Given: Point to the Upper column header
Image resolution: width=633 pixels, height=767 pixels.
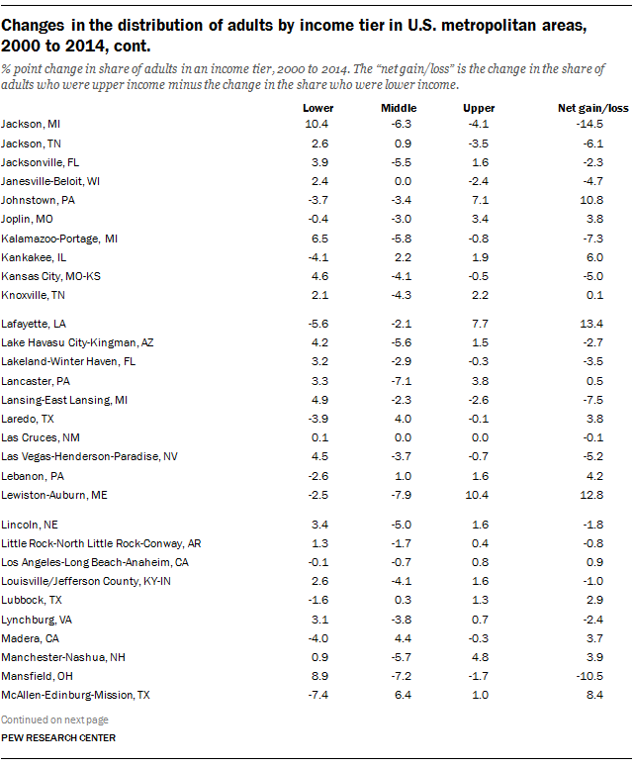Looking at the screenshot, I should (x=479, y=107).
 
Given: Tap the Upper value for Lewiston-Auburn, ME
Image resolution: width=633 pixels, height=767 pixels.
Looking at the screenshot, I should (x=479, y=495).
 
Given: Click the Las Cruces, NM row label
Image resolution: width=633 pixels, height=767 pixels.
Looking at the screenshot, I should (x=39, y=437).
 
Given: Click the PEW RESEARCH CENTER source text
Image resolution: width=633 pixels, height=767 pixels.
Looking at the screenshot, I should (x=58, y=738).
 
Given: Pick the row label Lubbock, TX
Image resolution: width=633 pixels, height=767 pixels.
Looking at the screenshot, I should (x=32, y=600).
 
